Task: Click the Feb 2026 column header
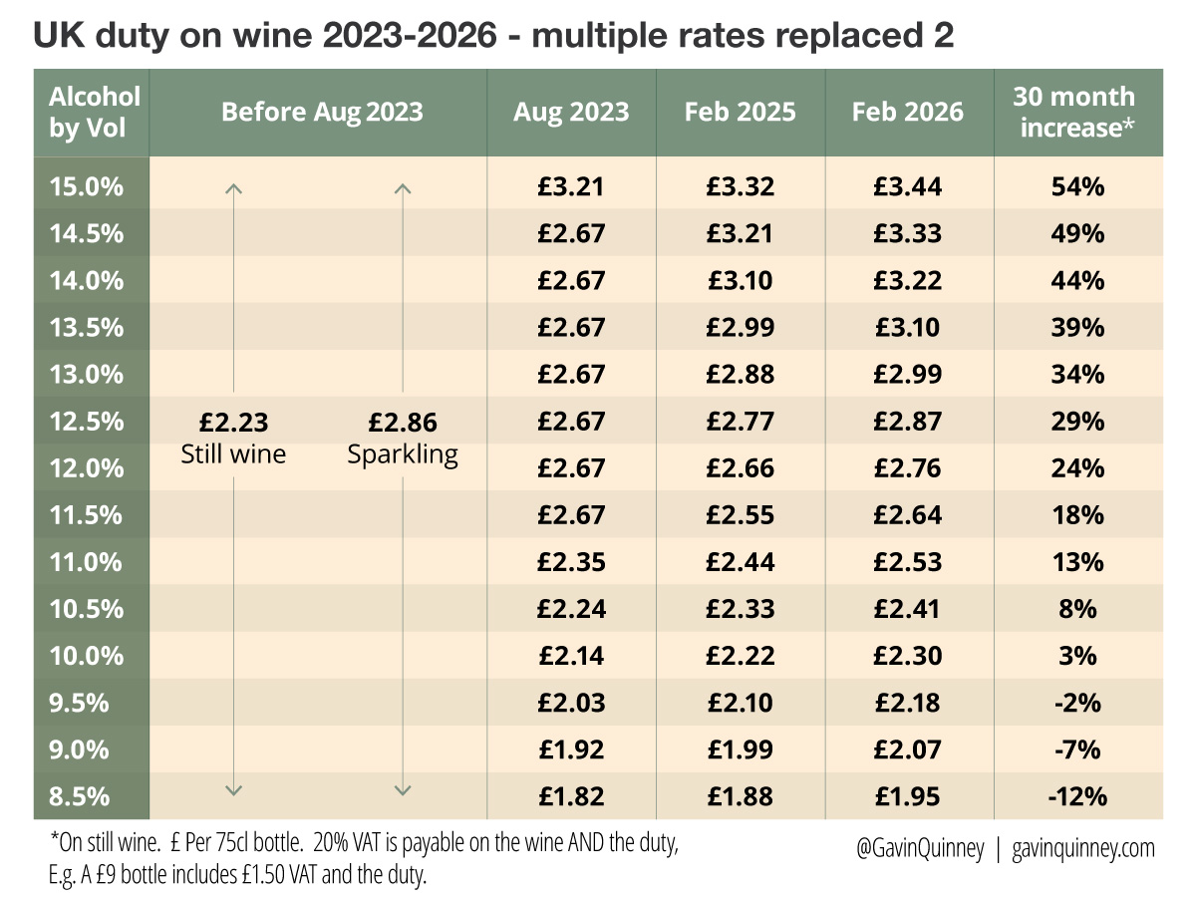[x=908, y=111]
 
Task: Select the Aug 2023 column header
[x=571, y=111]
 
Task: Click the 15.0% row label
[x=87, y=186]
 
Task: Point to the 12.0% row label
[x=87, y=467]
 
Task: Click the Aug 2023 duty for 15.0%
[x=571, y=186]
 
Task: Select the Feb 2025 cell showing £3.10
[x=740, y=280]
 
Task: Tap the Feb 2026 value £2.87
[x=908, y=421]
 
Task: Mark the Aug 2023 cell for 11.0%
[x=571, y=561]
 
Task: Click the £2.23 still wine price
[x=234, y=423]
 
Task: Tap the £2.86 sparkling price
[x=403, y=423]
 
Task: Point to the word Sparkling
[x=403, y=454]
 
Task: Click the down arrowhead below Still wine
[x=233, y=789]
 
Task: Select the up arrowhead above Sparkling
[x=403, y=186]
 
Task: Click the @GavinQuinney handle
[x=920, y=848]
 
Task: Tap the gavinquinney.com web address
[x=1083, y=848]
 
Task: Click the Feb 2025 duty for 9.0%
[x=740, y=749]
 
